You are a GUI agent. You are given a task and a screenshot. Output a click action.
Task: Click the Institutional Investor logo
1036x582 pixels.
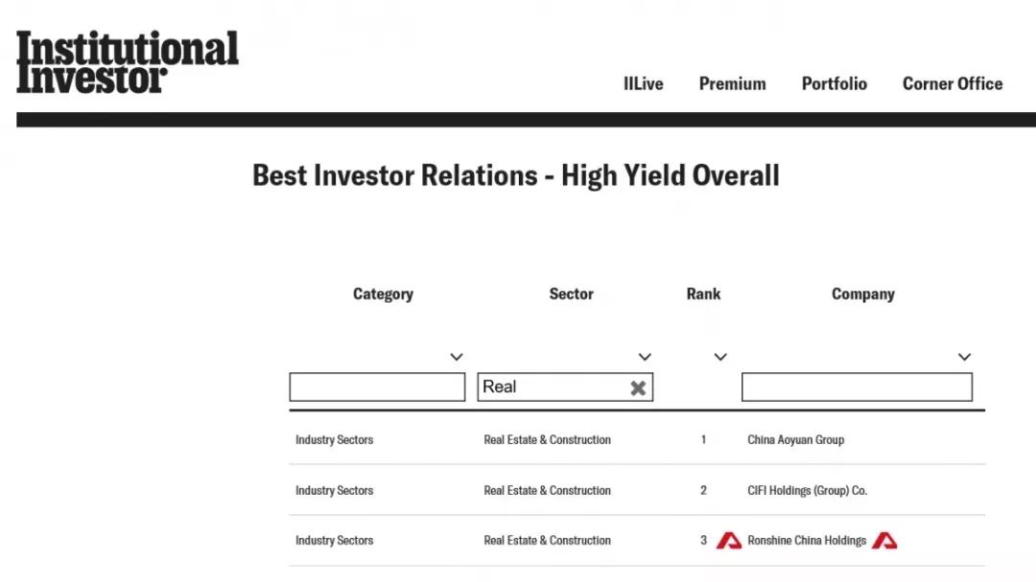tap(128, 61)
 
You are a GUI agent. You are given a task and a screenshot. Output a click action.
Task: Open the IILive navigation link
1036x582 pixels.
tap(643, 84)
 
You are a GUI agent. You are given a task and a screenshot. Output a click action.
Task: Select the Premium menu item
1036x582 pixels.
tap(732, 84)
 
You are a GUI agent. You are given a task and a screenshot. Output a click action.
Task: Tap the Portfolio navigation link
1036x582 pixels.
tap(834, 84)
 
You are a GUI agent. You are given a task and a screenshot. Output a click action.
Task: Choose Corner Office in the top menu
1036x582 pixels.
tap(953, 84)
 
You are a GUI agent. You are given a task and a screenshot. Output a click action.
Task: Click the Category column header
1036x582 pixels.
tap(383, 294)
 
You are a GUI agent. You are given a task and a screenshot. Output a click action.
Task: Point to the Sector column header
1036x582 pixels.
tap(572, 294)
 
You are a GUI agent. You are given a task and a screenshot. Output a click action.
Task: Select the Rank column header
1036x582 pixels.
tap(703, 294)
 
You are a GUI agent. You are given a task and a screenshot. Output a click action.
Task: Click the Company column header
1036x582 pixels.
tap(863, 294)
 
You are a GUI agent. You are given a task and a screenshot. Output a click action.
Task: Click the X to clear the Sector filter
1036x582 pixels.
tap(638, 387)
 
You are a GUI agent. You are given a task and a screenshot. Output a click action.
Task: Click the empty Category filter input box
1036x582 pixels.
tap(377, 387)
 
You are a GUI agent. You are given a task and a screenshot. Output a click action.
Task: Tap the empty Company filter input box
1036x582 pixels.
tap(857, 387)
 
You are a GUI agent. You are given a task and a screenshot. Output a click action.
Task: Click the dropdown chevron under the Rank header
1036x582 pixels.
tap(720, 358)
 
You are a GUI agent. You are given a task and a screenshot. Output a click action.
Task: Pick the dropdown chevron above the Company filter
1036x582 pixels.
tap(965, 358)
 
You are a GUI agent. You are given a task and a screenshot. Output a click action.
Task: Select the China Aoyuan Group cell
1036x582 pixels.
tap(795, 440)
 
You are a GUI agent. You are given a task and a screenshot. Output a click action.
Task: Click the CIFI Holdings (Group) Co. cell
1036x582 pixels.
tap(807, 491)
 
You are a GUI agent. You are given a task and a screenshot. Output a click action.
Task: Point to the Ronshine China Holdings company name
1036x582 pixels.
tap(807, 541)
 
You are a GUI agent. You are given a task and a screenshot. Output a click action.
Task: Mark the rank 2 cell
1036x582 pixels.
tap(704, 491)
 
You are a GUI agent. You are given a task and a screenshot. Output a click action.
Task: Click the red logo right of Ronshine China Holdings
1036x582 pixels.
tap(884, 541)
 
